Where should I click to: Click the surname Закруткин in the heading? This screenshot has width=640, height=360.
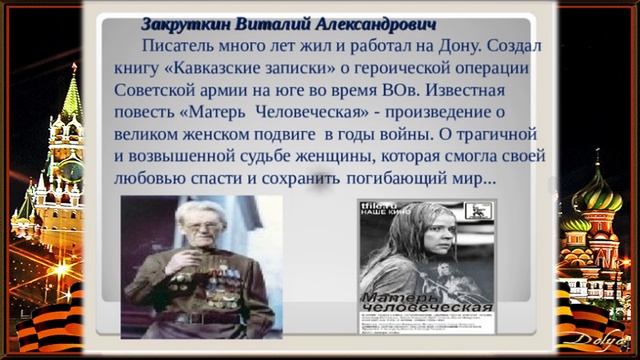point(187,23)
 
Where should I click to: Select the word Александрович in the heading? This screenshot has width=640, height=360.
point(369,23)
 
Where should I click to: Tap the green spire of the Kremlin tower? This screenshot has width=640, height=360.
point(71,95)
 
